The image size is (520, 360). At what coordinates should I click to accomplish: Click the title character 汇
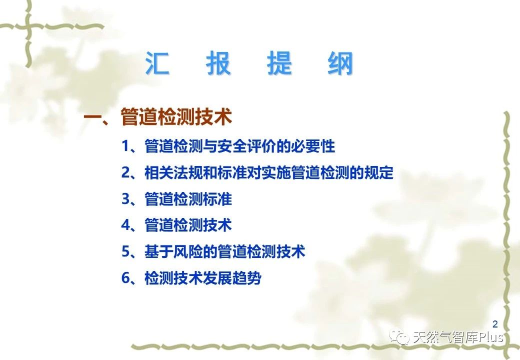click(x=157, y=63)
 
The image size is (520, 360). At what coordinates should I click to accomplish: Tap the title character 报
click(x=218, y=63)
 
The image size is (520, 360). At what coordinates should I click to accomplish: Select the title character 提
click(x=279, y=63)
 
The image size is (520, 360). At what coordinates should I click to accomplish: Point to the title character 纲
click(x=340, y=63)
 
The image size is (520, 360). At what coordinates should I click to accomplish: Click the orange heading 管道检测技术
click(x=176, y=116)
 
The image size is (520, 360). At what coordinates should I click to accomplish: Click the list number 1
click(x=125, y=146)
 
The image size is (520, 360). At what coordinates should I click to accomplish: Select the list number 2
click(x=125, y=172)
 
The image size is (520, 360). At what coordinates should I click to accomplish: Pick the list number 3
click(x=125, y=199)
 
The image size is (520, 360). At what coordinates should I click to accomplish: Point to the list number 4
click(x=125, y=225)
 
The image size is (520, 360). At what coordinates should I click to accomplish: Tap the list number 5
click(x=125, y=251)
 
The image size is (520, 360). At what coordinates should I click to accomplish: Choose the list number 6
click(x=125, y=278)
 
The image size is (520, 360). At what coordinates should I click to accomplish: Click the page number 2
click(x=495, y=324)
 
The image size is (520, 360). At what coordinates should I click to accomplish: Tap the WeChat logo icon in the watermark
click(x=399, y=337)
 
